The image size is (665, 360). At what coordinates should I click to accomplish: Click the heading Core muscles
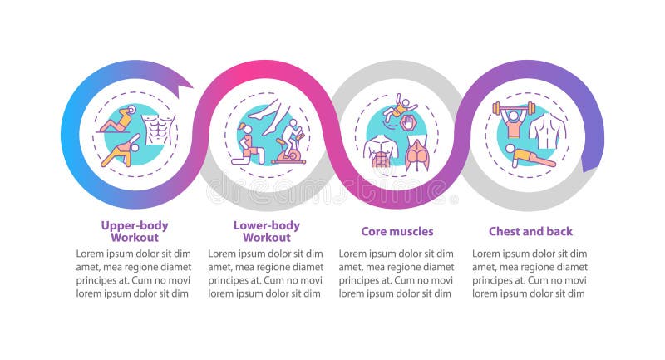(397, 231)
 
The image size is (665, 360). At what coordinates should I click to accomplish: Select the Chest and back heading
(530, 231)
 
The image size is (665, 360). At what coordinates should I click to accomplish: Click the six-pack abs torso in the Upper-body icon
(157, 130)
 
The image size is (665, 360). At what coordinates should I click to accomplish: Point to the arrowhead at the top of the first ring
(185, 82)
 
